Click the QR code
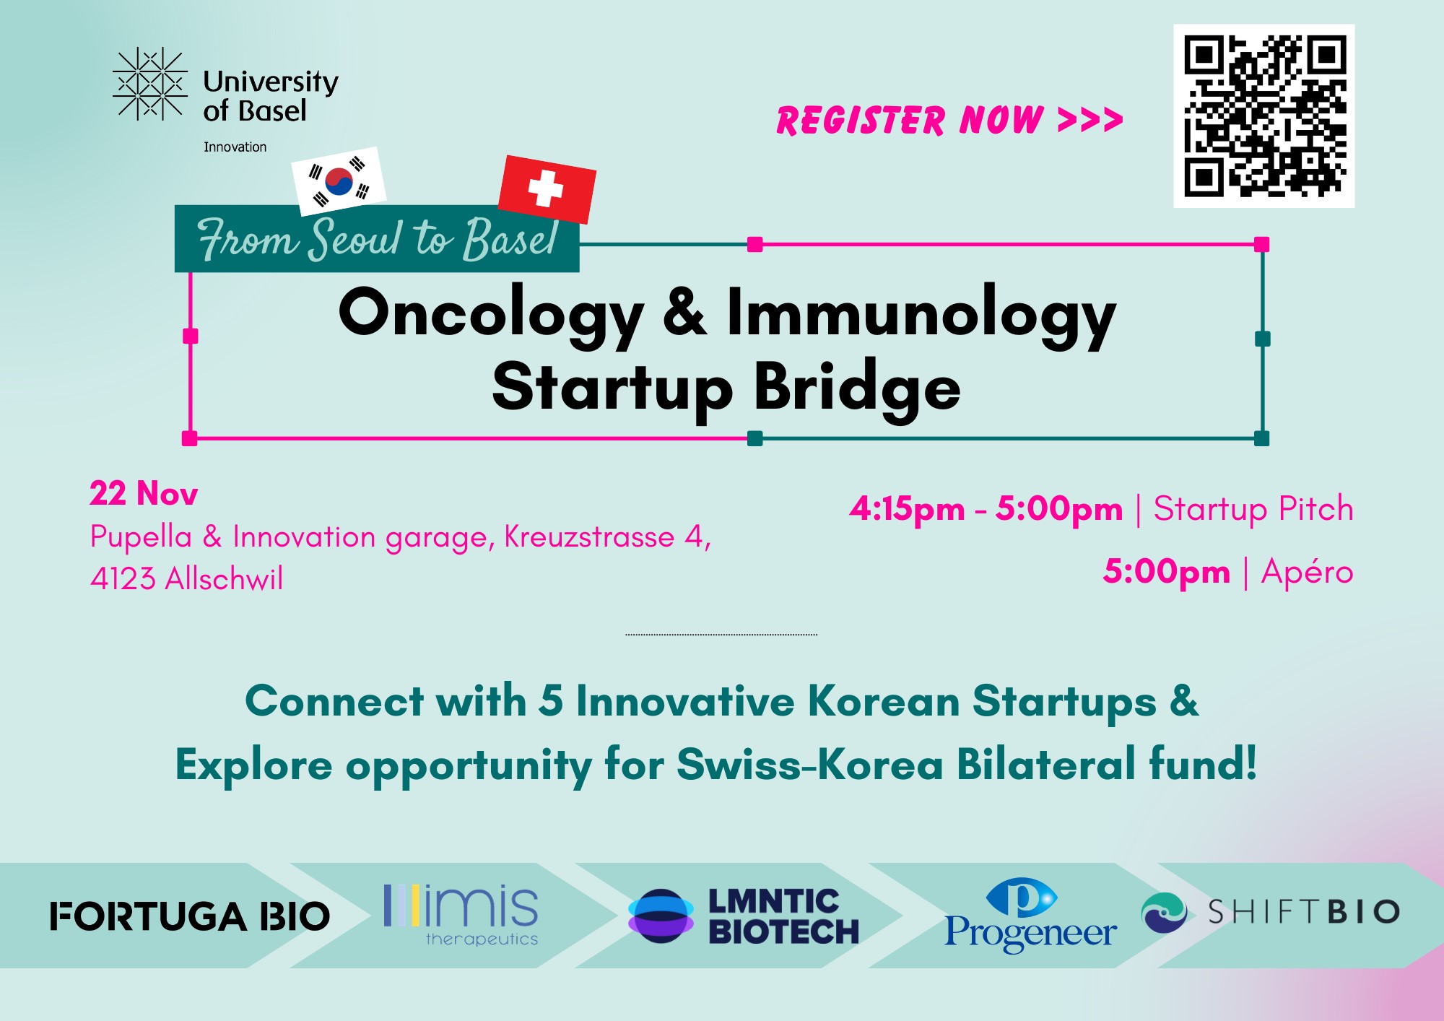[1263, 116]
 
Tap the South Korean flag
[339, 181]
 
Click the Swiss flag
[547, 188]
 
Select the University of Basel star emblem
[150, 84]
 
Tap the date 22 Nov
[144, 494]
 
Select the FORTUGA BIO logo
[190, 916]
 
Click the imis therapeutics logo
[461, 914]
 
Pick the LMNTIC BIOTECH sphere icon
[661, 916]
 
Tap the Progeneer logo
[1030, 915]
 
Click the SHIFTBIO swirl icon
[1164, 912]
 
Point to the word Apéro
[1307, 572]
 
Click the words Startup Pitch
[1253, 509]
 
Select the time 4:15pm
[907, 509]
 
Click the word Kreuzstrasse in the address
[589, 537]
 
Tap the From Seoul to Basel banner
[377, 239]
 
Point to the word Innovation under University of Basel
[235, 147]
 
